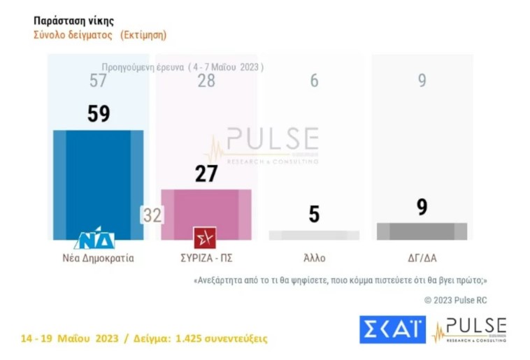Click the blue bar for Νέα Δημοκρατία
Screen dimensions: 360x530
tap(99, 178)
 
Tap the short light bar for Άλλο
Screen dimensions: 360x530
tap(314, 236)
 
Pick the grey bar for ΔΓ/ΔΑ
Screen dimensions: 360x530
tap(422, 231)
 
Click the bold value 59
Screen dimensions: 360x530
tap(99, 114)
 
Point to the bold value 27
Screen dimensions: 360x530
tap(206, 173)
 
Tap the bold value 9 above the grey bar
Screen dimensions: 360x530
tap(422, 208)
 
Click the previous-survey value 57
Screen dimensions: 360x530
tap(99, 81)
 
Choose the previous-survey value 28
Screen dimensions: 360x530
tap(206, 81)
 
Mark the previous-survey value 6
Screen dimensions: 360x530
tap(314, 81)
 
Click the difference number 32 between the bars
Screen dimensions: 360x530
tap(152, 215)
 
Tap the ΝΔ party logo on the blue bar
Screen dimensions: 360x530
tap(94, 239)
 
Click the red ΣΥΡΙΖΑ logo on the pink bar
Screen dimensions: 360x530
tap(205, 238)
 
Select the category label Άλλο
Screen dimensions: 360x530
tap(314, 257)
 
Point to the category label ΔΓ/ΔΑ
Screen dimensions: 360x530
tap(422, 257)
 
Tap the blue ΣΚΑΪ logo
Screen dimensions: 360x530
tap(392, 329)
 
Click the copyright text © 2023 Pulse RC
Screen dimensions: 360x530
tap(456, 300)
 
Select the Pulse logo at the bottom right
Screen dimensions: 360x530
tap(470, 329)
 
